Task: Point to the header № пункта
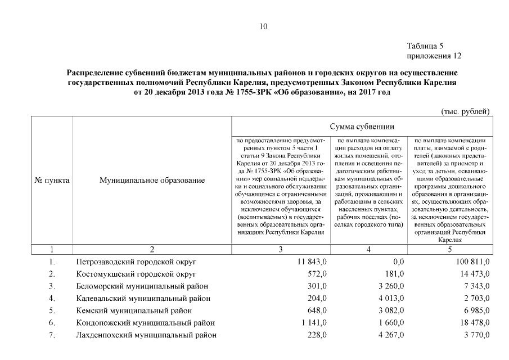[x=52, y=181]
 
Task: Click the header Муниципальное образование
[x=152, y=181]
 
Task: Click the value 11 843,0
[x=311, y=262]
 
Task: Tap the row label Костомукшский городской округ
[x=136, y=274]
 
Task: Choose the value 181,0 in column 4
[x=394, y=274]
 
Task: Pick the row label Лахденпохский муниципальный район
[x=146, y=335]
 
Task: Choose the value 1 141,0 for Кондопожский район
[x=313, y=323]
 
